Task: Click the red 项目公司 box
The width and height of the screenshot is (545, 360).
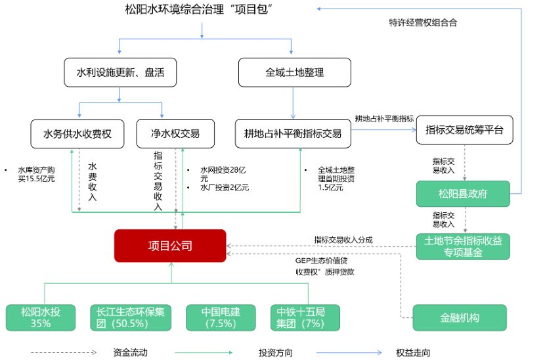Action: point(170,246)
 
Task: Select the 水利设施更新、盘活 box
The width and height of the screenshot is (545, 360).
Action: point(120,72)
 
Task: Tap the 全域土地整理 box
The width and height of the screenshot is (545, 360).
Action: point(294,72)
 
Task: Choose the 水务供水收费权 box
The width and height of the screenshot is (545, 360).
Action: point(77,133)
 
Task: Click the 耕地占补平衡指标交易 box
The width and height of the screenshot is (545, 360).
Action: point(293,133)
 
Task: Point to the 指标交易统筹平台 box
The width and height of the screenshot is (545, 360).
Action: point(464,129)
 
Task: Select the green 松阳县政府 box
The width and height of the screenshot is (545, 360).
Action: point(463,194)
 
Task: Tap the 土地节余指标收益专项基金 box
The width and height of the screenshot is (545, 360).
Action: point(463,246)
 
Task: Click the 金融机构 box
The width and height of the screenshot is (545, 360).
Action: point(460,317)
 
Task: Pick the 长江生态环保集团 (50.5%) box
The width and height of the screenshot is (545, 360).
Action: point(131,317)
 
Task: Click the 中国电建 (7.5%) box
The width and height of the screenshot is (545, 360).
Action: point(221,317)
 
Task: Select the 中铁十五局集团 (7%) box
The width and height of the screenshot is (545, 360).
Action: point(307,317)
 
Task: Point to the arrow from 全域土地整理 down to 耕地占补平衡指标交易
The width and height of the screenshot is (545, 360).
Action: point(293,102)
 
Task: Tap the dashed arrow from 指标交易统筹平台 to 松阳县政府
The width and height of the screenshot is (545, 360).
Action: point(464,162)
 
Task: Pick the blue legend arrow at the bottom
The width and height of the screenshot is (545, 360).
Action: point(349,353)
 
